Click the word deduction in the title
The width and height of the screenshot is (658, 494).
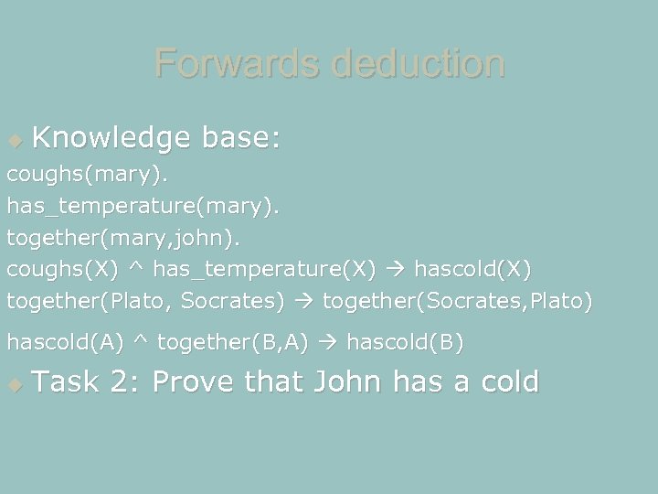tap(419, 64)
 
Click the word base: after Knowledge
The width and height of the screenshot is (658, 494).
tap(241, 139)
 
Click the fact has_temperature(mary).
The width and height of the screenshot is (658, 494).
tap(143, 209)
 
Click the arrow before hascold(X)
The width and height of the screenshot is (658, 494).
tap(398, 271)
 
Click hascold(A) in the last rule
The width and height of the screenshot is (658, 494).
tap(65, 344)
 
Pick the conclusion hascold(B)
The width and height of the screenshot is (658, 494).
tap(406, 344)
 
